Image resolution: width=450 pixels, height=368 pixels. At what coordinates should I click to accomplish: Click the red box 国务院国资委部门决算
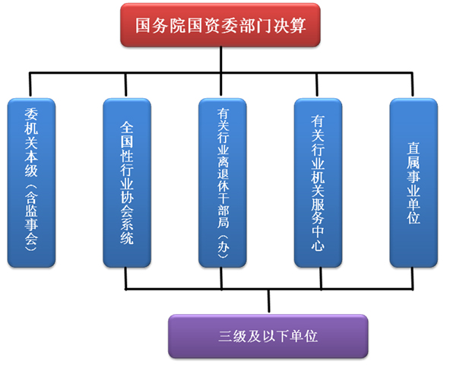[220, 25]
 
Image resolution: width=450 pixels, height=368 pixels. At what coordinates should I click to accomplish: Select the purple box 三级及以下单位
[268, 336]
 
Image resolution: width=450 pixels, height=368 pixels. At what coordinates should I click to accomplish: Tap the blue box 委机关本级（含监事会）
[31, 182]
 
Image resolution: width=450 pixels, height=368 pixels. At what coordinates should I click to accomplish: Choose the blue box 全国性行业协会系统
[127, 182]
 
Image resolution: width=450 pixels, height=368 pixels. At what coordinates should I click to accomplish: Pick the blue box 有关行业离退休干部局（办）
[223, 182]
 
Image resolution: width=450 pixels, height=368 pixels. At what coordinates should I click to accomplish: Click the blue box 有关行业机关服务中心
[318, 182]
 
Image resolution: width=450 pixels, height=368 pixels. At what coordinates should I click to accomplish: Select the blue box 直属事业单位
[414, 182]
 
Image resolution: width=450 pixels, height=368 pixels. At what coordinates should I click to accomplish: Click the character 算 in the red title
[298, 25]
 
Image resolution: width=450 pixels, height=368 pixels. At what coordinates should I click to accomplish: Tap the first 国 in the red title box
[143, 25]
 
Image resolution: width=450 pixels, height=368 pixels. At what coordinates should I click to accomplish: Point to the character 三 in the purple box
[225, 336]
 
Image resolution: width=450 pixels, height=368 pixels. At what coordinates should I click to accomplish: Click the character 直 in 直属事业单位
[414, 148]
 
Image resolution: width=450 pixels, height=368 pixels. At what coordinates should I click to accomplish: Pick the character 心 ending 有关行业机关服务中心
[318, 246]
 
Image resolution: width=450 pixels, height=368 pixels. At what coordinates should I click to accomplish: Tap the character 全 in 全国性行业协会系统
[127, 127]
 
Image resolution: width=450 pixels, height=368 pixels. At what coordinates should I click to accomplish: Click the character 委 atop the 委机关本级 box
[31, 114]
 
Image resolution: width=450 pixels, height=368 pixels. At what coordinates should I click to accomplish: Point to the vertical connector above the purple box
[268, 301]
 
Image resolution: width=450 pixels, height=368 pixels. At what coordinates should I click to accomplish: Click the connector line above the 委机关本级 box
[30, 84]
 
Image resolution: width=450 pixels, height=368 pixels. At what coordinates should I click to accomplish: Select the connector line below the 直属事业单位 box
[413, 278]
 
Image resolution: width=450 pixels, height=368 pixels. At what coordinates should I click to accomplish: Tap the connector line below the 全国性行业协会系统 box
[125, 278]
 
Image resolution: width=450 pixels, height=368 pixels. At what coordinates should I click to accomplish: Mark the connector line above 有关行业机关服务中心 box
[317, 84]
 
